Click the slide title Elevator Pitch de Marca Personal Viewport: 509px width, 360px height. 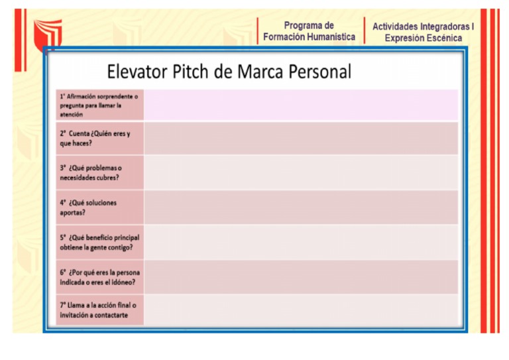pyautogui.click(x=229, y=72)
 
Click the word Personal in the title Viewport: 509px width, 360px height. pyautogui.click(x=319, y=72)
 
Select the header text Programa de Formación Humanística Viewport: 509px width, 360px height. pyautogui.click(x=309, y=31)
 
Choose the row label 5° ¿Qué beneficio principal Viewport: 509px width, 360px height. pyautogui.click(x=99, y=242)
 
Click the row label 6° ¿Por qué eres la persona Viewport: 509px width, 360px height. pyautogui.click(x=99, y=277)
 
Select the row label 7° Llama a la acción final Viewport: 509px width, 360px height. pyautogui.click(x=97, y=310)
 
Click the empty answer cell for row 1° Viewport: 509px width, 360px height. pyautogui.click(x=301, y=105)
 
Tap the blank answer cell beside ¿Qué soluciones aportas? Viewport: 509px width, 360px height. pyautogui.click(x=301, y=208)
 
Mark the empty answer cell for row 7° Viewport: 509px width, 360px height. pyautogui.click(x=301, y=310)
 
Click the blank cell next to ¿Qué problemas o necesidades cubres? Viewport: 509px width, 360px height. pyautogui.click(x=301, y=172)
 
